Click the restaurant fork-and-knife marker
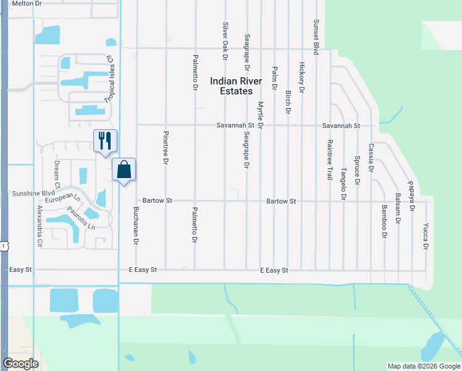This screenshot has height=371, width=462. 104,140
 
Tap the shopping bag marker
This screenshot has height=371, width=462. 124,169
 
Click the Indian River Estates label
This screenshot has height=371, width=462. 236,86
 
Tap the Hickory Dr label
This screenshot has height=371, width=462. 301,77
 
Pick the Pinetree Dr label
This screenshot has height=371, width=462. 166,148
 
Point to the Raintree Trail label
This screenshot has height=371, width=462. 329,159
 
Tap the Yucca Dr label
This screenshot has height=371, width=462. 425,236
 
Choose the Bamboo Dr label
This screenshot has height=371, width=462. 384,222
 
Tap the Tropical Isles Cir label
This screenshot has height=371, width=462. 110,79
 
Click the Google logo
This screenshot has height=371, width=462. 20,364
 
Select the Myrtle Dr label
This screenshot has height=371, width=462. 261,116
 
